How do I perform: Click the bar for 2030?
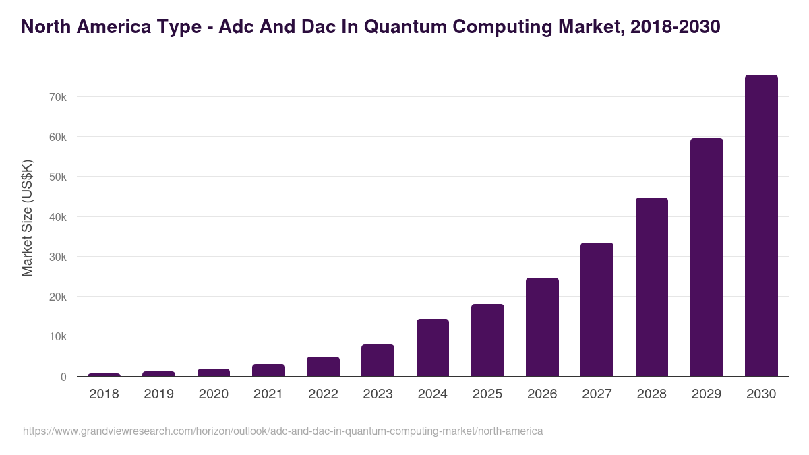click(761, 226)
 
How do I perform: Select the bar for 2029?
click(707, 257)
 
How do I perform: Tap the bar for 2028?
click(652, 287)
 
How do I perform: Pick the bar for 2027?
click(597, 309)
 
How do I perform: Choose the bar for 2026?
click(542, 327)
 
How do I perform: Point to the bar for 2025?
click(487, 340)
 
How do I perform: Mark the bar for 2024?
click(433, 348)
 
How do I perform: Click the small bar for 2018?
click(104, 375)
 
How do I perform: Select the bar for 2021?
click(268, 370)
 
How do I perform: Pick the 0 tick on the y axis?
click(63, 377)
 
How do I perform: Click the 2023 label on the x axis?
click(378, 394)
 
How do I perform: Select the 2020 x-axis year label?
click(213, 394)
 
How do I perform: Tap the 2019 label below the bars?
click(158, 394)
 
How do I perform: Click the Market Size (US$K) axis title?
click(27, 218)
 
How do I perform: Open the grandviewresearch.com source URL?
click(282, 431)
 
